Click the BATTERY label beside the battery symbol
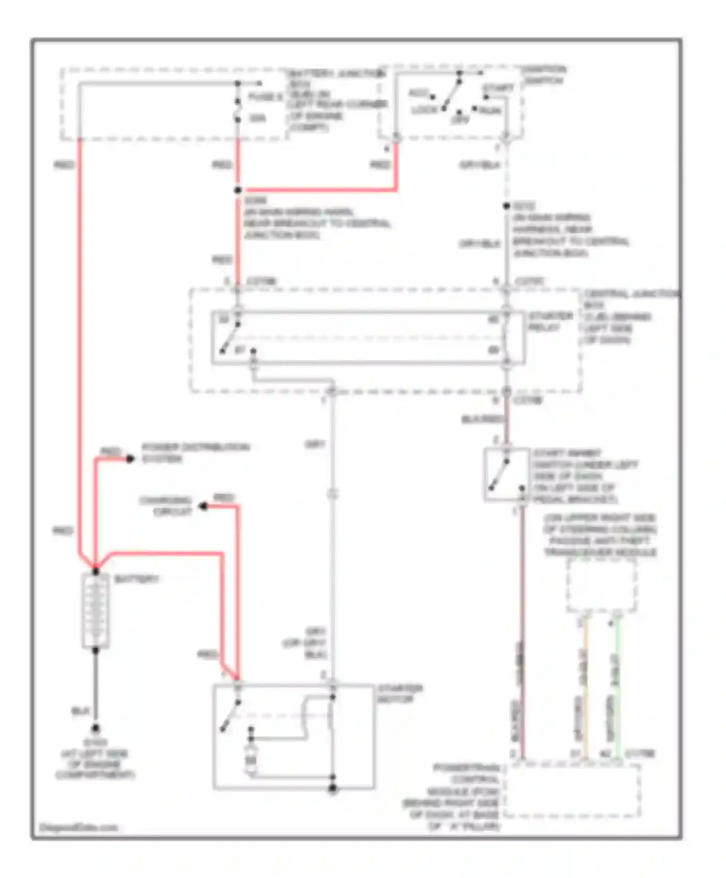pyautogui.click(x=136, y=579)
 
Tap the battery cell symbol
pyautogui.click(x=96, y=611)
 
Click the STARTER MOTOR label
pyautogui.click(x=400, y=694)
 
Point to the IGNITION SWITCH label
pyautogui.click(x=544, y=75)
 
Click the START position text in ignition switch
pyautogui.click(x=498, y=88)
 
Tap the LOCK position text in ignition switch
pyautogui.click(x=424, y=110)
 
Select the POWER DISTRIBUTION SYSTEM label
pyautogui.click(x=195, y=453)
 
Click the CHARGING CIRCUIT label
pyautogui.click(x=166, y=506)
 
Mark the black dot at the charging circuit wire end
pyautogui.click(x=204, y=507)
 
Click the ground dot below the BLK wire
pyautogui.click(x=96, y=728)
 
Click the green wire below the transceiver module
pyautogui.click(x=618, y=687)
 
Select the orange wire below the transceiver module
pyautogui.click(x=586, y=687)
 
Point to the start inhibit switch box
pyautogui.click(x=506, y=474)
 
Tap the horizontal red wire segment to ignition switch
pyautogui.click(x=319, y=190)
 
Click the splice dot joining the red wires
pyautogui.click(x=238, y=190)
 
